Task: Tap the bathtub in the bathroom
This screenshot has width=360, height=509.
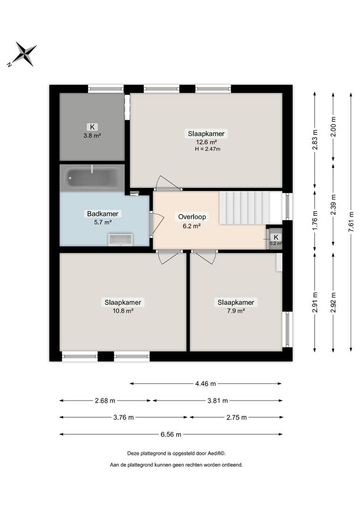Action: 92,178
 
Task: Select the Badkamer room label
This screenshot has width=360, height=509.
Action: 103,213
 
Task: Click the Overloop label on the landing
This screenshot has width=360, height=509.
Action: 192,217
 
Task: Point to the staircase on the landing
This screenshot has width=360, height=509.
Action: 250,208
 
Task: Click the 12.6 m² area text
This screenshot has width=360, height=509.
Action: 206,142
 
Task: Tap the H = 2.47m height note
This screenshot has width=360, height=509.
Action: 207,149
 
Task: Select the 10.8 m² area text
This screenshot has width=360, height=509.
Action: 123,311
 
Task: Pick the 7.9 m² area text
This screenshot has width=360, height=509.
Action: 236,311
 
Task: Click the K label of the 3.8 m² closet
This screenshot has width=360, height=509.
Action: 92,127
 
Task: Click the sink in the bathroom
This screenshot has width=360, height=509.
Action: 121,239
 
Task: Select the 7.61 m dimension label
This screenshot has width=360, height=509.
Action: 351,222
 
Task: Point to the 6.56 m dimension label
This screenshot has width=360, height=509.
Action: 171,435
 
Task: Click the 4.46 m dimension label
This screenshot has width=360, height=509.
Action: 205,384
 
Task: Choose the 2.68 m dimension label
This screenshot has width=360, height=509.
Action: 105,401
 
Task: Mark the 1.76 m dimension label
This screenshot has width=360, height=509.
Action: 315,221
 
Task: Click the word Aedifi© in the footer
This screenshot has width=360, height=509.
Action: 217,453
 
